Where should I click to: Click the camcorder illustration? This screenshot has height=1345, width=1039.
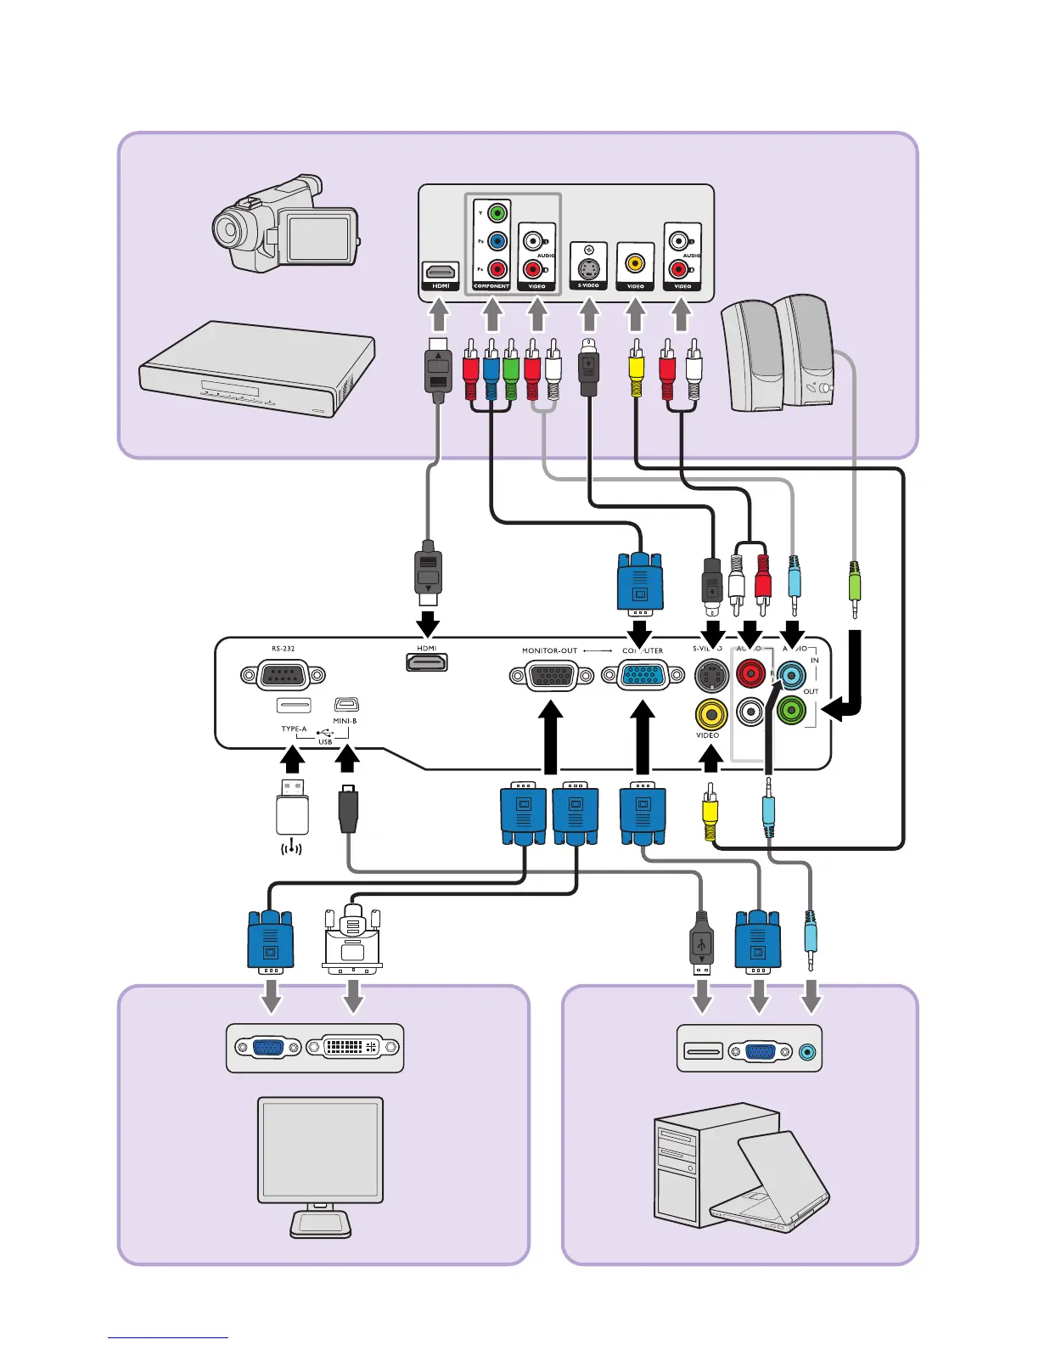point(284,224)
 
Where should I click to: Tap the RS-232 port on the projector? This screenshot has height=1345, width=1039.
point(283,676)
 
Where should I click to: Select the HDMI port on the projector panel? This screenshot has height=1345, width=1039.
point(427,663)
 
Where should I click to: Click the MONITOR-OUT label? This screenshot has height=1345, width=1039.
point(549,650)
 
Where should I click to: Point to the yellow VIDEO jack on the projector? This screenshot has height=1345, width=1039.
point(710,714)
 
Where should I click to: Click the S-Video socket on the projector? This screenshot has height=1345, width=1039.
point(710,676)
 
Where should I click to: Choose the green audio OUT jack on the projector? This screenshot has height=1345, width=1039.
point(791,710)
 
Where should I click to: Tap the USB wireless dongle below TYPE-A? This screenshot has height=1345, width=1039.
point(291,807)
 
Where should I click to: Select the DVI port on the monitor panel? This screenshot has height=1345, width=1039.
point(351,1048)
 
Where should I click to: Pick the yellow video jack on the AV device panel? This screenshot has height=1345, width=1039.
point(635,263)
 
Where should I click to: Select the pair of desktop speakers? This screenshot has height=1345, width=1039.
point(777,352)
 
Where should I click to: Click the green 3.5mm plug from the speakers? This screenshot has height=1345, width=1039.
point(855,587)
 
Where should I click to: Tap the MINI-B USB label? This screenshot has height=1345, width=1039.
point(345,721)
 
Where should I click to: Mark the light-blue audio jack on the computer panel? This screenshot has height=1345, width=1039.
point(807,1052)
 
